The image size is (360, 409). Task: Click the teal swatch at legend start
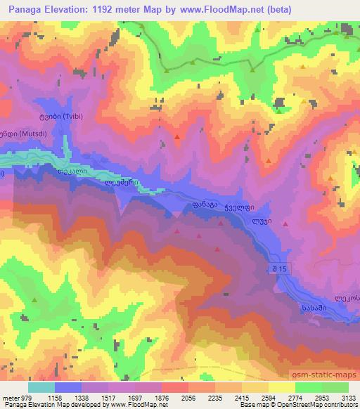(41, 387)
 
